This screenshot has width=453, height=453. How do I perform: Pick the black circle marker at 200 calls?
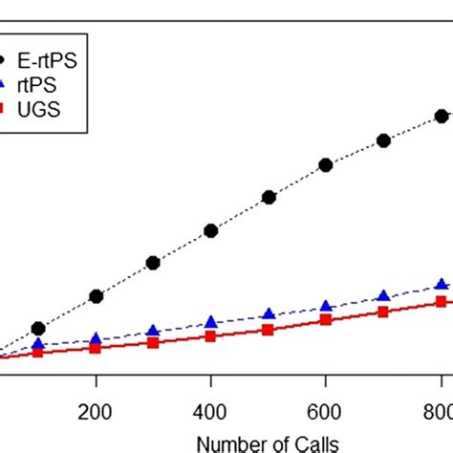click(x=96, y=296)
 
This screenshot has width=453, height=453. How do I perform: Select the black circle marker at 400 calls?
click(x=211, y=230)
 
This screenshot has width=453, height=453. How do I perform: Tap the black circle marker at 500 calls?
click(x=269, y=197)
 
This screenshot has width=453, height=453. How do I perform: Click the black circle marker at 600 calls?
click(x=326, y=164)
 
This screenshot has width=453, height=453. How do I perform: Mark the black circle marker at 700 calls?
click(x=383, y=140)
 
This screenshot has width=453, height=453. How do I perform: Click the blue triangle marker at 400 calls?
click(x=211, y=322)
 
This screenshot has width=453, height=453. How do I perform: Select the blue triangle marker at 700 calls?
click(x=383, y=295)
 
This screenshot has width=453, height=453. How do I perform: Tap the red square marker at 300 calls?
click(x=153, y=342)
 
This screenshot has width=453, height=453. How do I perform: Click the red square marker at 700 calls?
click(x=383, y=312)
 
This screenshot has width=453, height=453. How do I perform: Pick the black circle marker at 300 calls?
click(x=153, y=263)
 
